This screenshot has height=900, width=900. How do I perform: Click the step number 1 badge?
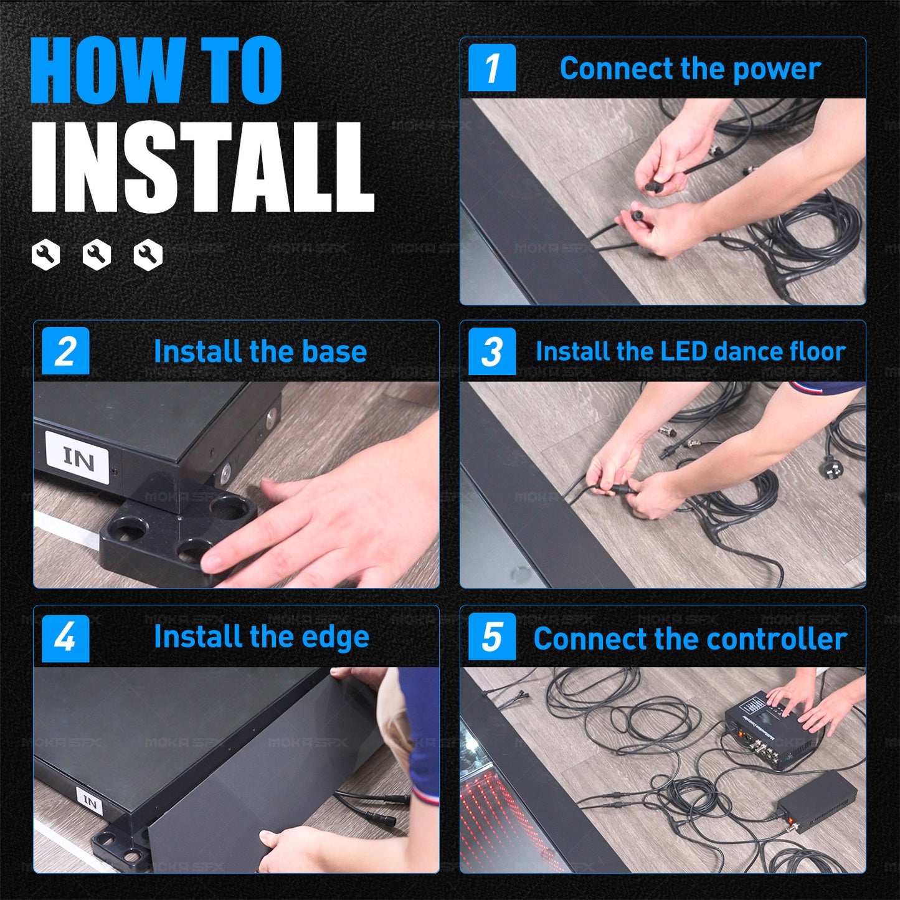pos(492,68)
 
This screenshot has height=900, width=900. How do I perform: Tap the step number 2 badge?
pos(65,351)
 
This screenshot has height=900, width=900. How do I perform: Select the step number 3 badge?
pos(492,351)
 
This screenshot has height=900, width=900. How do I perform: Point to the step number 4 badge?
pos(65,638)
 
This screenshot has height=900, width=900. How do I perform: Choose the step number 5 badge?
pos(492,637)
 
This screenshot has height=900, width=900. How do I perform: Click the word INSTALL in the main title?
pos(202,167)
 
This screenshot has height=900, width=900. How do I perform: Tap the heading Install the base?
pos(260,351)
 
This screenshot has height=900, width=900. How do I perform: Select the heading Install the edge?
pos(262,638)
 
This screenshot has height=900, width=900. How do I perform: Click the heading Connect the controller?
pos(690,638)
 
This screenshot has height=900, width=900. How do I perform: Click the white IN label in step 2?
pos(77,458)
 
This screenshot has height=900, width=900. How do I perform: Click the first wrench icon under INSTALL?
pos(45,255)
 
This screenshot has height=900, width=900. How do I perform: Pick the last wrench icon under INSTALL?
pos(148,255)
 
